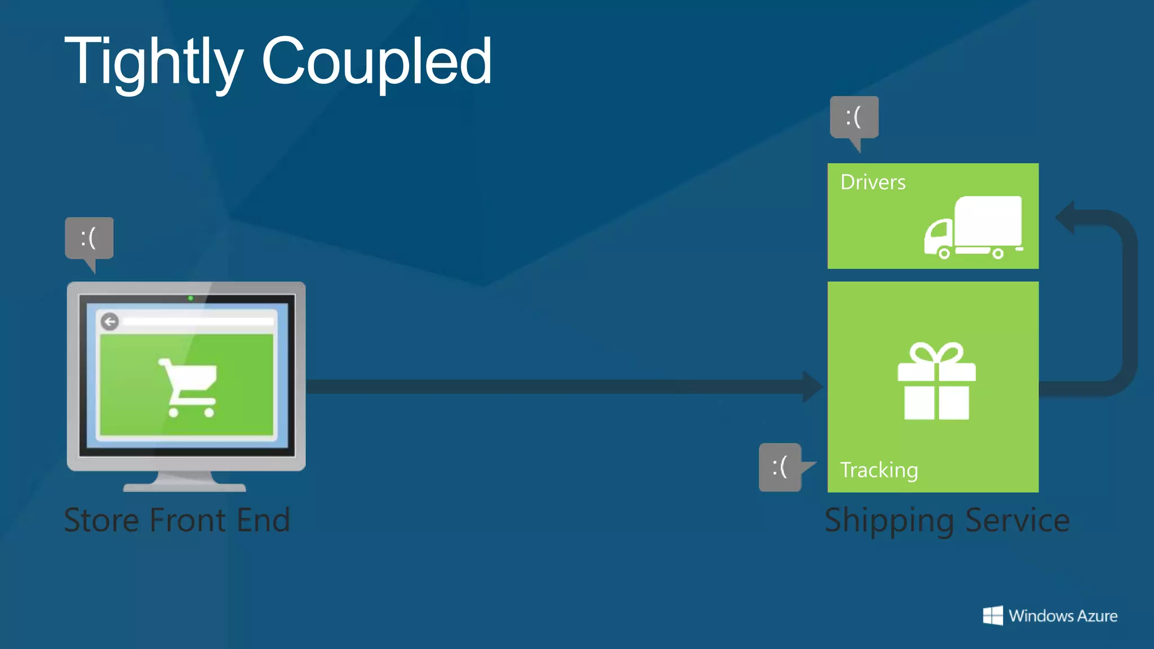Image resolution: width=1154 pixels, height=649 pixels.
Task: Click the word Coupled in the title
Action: pos(376,61)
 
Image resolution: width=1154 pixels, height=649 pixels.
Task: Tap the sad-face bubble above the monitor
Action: pos(89,238)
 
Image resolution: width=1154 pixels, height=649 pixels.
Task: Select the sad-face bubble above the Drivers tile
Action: pos(854,117)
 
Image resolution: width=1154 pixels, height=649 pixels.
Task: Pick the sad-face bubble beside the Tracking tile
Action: pos(780,467)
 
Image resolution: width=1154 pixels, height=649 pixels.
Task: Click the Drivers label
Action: pos(873,183)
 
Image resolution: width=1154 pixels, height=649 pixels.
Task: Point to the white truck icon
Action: pos(973,228)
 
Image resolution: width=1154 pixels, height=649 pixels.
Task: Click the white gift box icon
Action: pos(936,381)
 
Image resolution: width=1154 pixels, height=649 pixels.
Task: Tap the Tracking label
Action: pos(879,470)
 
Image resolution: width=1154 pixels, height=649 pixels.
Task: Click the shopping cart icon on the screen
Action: pos(189,387)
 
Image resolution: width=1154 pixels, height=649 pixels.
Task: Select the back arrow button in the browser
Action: pos(110,322)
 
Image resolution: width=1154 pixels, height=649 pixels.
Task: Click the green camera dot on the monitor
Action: pos(190,298)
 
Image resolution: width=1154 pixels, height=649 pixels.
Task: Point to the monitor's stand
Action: pos(185,482)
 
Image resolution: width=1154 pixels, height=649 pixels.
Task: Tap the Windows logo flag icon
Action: pos(993,616)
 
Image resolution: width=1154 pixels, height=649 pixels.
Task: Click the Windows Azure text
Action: pos(1063,616)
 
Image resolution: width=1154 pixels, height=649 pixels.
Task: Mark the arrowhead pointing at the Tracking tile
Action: pos(813,386)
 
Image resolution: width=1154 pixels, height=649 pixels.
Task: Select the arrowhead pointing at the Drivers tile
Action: pos(1065,217)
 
